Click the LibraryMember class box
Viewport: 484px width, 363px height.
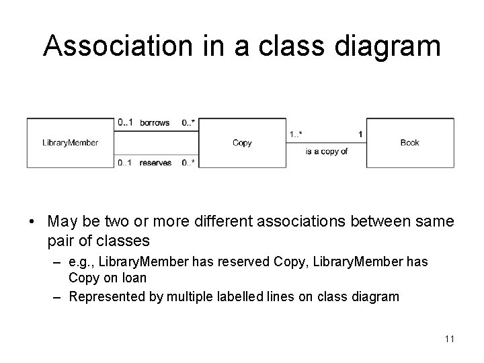(71, 143)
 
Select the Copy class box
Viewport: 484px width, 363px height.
(242, 143)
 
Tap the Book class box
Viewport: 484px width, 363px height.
(409, 143)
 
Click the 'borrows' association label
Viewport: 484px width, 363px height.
(155, 123)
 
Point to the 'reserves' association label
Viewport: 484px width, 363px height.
(155, 163)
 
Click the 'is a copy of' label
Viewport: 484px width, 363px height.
(327, 152)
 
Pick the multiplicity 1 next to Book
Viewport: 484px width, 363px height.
(360, 134)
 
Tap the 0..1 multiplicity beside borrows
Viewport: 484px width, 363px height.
(125, 123)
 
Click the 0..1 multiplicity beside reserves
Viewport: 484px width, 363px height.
(125, 163)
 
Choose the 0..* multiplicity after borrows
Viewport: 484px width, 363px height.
(188, 123)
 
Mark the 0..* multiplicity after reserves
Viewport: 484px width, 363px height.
(188, 163)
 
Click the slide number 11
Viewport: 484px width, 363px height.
(449, 339)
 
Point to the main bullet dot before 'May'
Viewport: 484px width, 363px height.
(32, 221)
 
